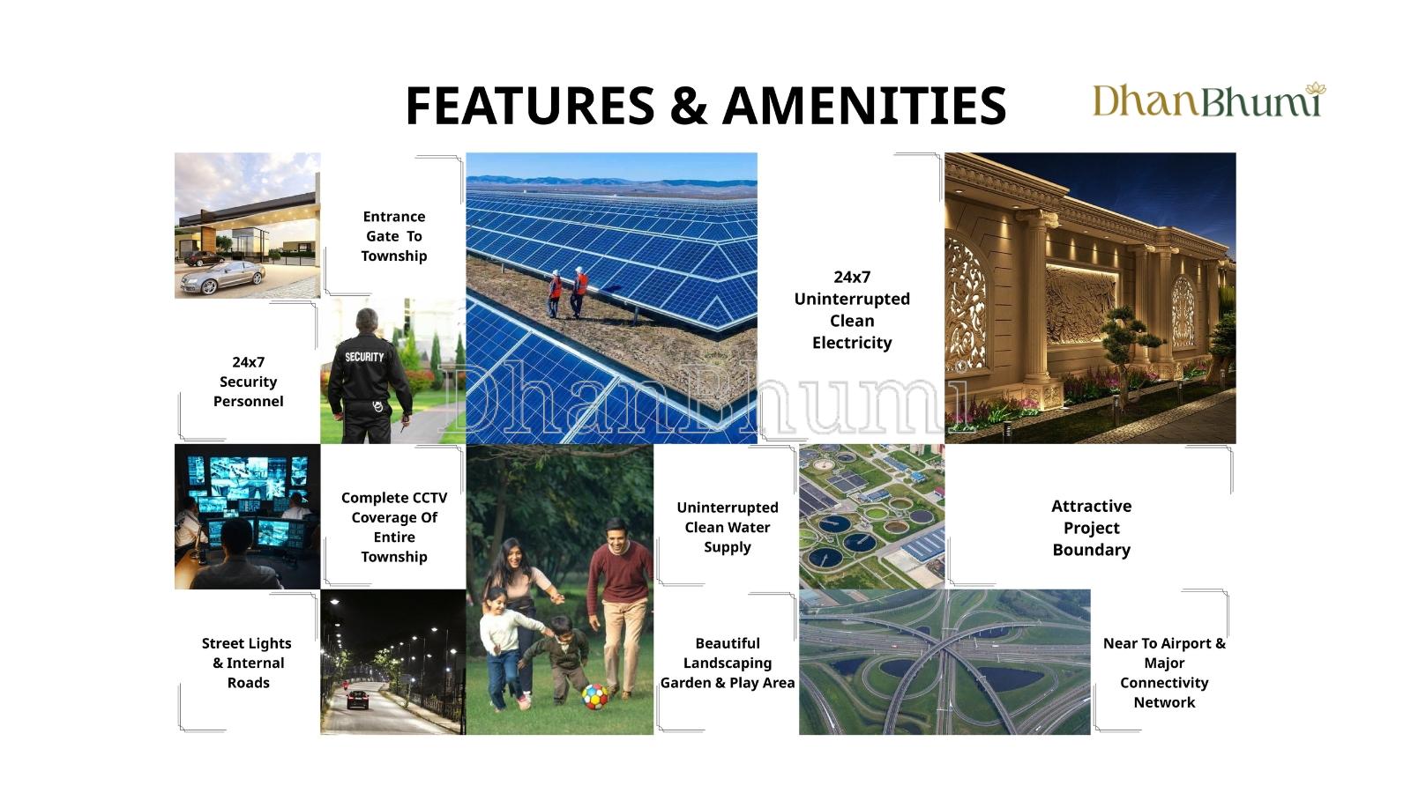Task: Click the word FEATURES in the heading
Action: tap(530, 105)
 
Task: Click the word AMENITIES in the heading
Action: tap(864, 105)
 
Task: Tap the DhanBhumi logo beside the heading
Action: tap(1209, 100)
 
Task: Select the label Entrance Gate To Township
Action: tap(393, 236)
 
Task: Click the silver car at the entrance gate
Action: tap(224, 277)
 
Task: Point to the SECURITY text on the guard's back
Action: tap(364, 357)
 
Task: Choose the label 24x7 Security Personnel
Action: tap(248, 382)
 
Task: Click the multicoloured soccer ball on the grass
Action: tap(594, 697)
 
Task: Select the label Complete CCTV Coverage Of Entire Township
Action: tap(394, 527)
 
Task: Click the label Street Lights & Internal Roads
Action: tap(247, 663)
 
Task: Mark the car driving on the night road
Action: tap(357, 700)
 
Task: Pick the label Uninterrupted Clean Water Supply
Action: tap(728, 527)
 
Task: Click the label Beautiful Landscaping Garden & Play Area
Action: tap(728, 663)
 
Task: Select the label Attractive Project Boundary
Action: tap(1092, 528)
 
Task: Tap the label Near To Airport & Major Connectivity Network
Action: tap(1164, 672)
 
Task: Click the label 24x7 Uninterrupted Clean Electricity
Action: tap(852, 309)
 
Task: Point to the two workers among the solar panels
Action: tap(568, 292)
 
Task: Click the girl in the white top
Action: tap(504, 648)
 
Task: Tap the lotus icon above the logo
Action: tap(1316, 89)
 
